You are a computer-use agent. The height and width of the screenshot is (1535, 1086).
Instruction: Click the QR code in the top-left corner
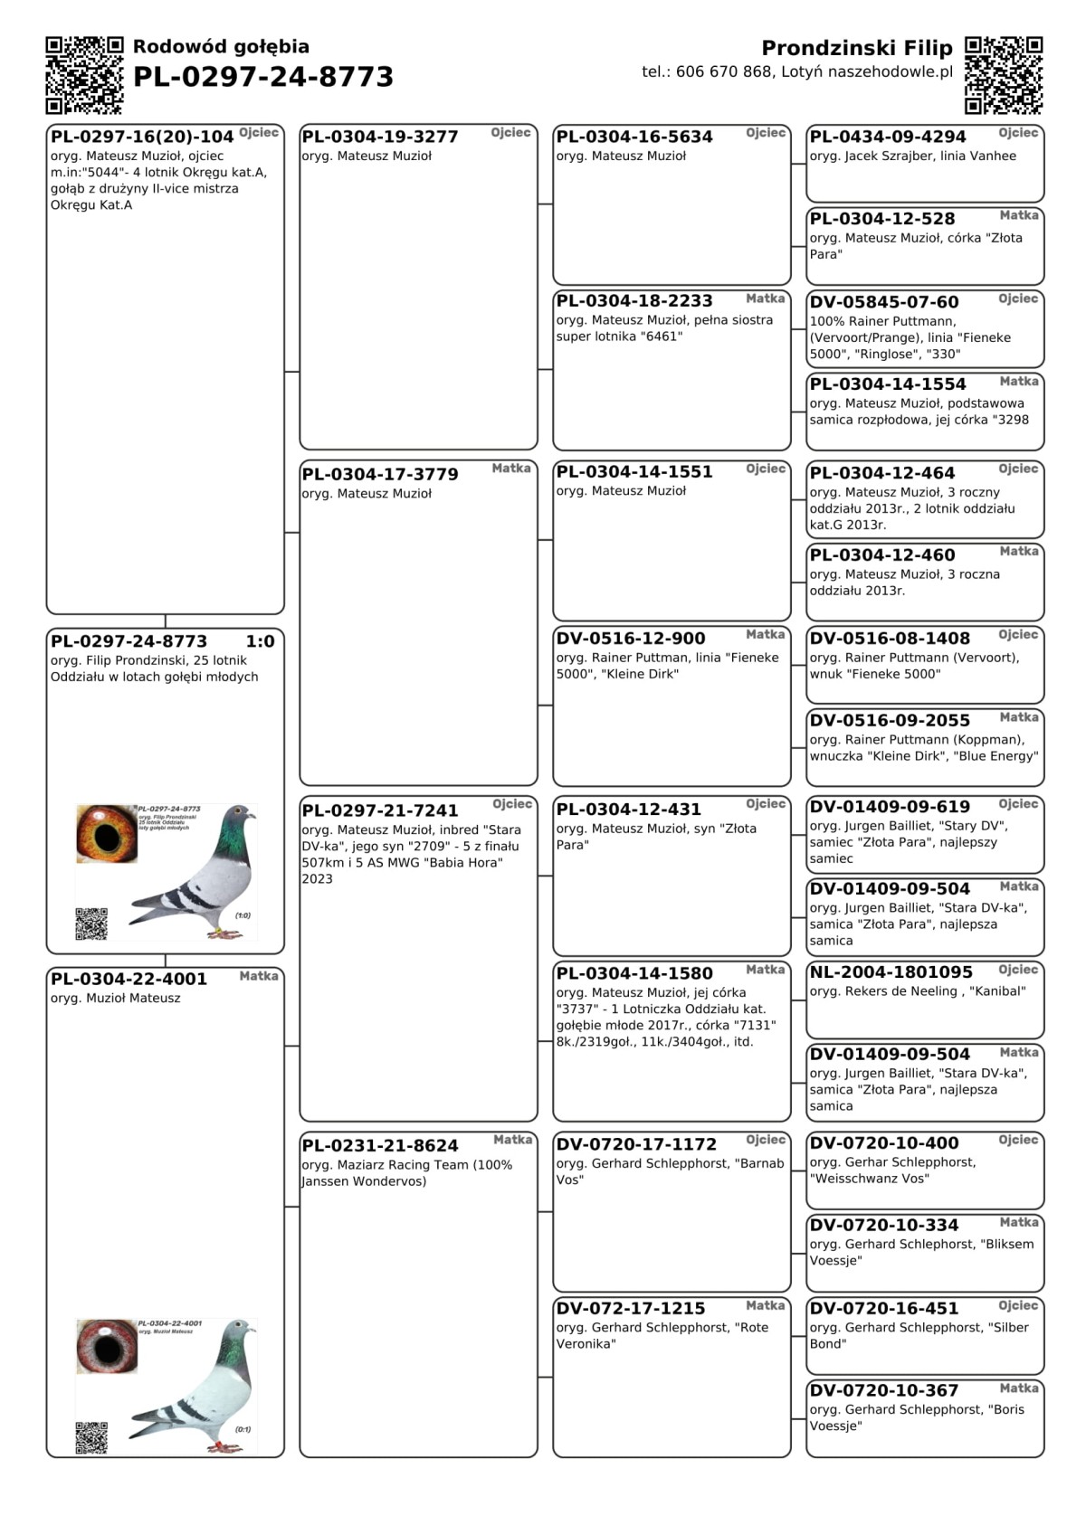coord(84,75)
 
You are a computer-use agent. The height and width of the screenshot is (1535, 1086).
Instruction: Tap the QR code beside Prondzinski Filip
coord(1004,75)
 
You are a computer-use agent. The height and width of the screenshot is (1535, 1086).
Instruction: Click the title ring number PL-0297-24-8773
coord(263,78)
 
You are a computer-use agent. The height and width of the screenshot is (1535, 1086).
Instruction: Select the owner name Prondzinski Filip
coord(856,48)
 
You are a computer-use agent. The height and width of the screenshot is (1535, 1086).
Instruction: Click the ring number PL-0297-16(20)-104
coord(142,137)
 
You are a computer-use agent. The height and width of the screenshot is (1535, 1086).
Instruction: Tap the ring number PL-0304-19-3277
coord(380,137)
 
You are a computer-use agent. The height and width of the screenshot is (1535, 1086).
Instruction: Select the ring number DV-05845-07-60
coord(884,302)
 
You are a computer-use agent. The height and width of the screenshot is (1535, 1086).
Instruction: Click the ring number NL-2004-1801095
coord(891,972)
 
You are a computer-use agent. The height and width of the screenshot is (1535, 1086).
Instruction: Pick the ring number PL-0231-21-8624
coord(380,1146)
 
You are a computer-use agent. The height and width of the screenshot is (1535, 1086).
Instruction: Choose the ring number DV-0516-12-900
coord(631,639)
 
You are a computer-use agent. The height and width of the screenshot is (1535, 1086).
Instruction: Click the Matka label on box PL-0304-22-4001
coord(259,976)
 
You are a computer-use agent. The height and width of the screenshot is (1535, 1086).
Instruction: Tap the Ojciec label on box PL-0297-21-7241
coord(512,804)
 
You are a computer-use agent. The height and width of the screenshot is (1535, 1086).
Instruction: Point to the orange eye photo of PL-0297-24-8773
coord(107,833)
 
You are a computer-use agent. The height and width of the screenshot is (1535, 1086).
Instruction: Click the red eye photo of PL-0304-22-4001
coord(107,1346)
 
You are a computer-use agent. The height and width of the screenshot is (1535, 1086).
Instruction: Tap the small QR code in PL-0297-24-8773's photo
coord(91,924)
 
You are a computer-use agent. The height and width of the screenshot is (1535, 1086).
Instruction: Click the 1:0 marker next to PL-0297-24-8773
coord(260,642)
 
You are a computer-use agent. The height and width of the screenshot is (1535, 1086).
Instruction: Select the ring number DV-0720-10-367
coord(884,1391)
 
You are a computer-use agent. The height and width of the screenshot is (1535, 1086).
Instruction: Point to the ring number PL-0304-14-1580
coord(634,974)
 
